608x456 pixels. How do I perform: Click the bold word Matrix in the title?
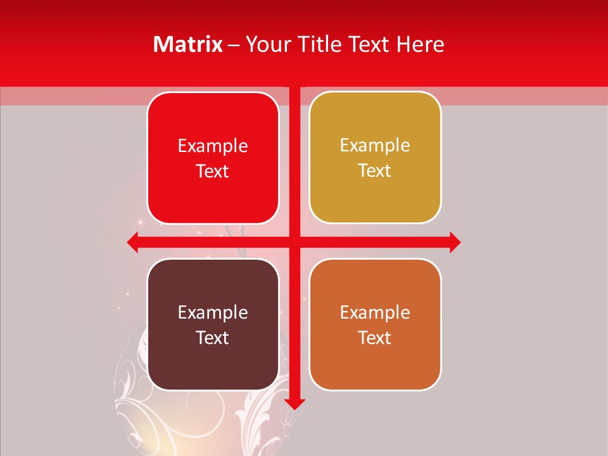[188, 44]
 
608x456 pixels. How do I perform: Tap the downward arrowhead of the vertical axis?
[294, 404]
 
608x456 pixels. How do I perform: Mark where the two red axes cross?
[294, 242]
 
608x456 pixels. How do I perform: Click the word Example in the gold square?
[375, 146]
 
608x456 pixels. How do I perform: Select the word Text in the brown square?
[213, 338]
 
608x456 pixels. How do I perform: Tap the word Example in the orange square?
[375, 312]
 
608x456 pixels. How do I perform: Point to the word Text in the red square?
[213, 171]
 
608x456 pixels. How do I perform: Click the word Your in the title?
[265, 44]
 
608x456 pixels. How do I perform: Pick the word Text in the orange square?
[375, 338]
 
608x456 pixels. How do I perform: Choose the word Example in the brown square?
[213, 312]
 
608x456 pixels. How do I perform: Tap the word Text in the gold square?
[375, 171]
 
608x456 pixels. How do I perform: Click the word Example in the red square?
[213, 146]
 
